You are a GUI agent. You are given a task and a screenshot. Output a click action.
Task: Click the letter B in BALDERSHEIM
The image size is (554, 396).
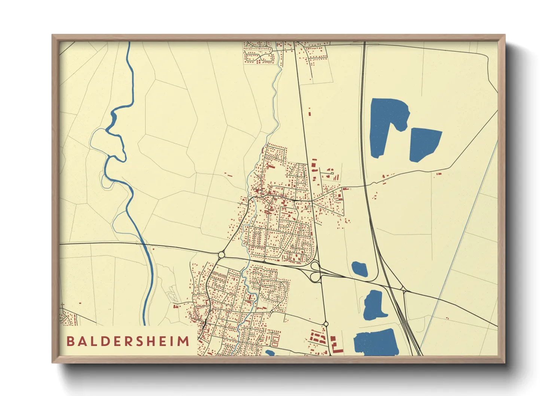pos(70,341)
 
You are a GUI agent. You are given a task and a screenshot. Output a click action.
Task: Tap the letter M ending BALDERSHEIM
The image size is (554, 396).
pos(183,341)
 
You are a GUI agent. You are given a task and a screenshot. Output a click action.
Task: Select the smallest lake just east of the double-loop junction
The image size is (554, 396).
pos(359,269)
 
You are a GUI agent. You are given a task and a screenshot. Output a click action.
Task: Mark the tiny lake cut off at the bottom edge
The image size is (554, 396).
pos(270,353)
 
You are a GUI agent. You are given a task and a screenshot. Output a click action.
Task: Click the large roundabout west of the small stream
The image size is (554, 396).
pos(221,255)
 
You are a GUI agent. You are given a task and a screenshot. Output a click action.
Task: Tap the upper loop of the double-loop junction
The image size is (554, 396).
pos(315,266)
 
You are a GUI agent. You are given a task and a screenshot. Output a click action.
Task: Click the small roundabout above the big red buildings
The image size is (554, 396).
pos(326,324)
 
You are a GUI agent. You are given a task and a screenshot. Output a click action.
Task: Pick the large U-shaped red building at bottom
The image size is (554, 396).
pos(336,345)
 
